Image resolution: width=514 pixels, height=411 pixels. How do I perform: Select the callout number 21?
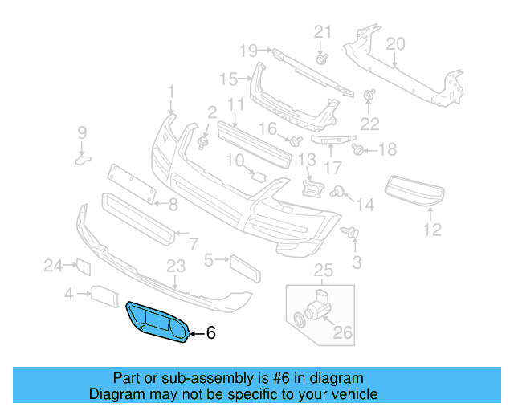pos(322,32)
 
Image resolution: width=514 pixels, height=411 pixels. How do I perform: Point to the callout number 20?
pos(395,44)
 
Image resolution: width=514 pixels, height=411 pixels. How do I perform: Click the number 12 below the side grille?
pos(432,230)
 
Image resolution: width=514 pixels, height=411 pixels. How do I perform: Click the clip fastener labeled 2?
pos(202,143)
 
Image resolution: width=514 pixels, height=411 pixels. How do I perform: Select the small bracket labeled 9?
pos(83,160)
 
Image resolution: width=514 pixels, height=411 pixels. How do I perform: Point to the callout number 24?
pos(53,265)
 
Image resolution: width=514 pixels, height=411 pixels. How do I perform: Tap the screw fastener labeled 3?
pos(353,234)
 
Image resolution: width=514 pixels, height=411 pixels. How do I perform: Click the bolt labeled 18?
pos(359,149)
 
